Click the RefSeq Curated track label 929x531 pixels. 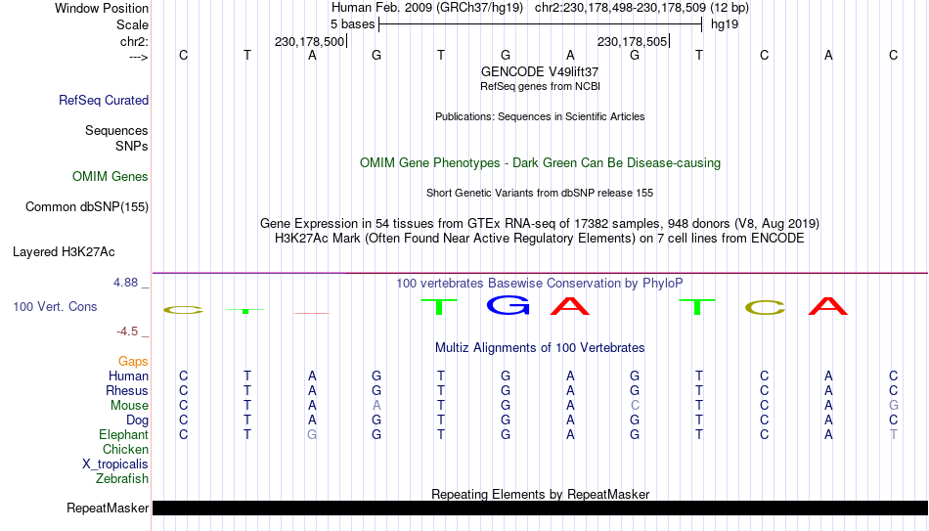(104, 100)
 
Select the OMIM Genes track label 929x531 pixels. (111, 177)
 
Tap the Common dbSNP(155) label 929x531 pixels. (87, 207)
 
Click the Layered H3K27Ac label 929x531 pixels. (64, 252)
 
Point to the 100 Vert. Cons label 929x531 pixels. (55, 306)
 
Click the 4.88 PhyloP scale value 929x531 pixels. (126, 283)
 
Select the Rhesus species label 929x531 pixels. (127, 390)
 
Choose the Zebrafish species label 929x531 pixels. (122, 478)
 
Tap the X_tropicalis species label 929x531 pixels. (115, 465)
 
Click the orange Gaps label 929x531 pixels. (133, 362)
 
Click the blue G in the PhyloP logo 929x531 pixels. (508, 305)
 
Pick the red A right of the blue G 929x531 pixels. (570, 305)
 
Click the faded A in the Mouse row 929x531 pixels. (376, 406)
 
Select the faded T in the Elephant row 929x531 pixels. (894, 434)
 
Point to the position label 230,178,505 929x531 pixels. (632, 41)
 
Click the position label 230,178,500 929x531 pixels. (309, 41)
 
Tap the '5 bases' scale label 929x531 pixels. (352, 24)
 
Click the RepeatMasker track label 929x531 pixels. (108, 508)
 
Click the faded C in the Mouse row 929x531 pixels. (635, 406)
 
